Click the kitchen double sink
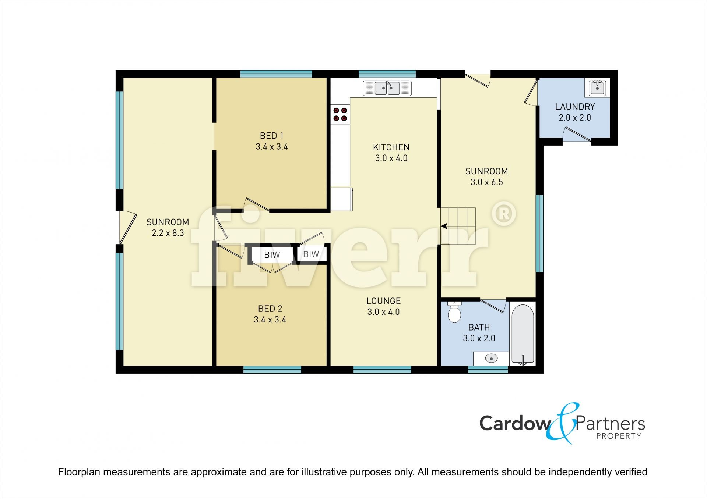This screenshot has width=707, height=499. (387, 88)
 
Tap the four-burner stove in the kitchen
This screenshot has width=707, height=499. (340, 114)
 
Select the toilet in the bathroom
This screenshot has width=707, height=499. (454, 312)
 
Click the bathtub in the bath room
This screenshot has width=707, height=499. (523, 335)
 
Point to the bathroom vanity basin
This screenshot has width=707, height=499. (491, 358)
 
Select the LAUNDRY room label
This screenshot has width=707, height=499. (575, 107)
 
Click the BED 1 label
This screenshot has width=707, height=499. (272, 136)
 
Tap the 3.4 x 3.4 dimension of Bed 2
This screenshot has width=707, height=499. (270, 320)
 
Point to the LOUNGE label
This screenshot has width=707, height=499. (383, 301)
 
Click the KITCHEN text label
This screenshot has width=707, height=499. (391, 147)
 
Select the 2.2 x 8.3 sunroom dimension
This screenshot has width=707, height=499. (168, 233)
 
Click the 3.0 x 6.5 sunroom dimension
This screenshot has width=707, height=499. (486, 182)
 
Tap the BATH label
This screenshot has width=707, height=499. (479, 327)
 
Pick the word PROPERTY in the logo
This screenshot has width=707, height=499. (619, 436)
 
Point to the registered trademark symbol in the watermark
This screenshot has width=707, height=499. (503, 214)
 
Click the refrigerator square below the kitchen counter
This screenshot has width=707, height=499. (342, 199)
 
